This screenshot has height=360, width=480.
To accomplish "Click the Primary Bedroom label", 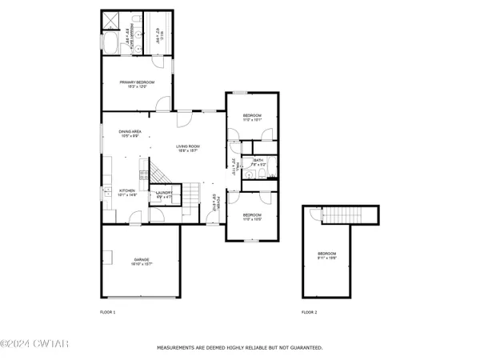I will click(x=137, y=84).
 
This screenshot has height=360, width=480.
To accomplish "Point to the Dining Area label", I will click(x=130, y=133).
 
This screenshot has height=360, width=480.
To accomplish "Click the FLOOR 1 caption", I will click(x=107, y=311).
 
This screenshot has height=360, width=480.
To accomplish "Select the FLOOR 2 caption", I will click(x=309, y=311).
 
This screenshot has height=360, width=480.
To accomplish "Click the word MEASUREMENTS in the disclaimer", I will click(x=177, y=348).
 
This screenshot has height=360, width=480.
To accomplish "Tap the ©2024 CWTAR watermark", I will click(x=23, y=345).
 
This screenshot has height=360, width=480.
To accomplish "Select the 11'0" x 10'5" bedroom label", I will click(x=253, y=216).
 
